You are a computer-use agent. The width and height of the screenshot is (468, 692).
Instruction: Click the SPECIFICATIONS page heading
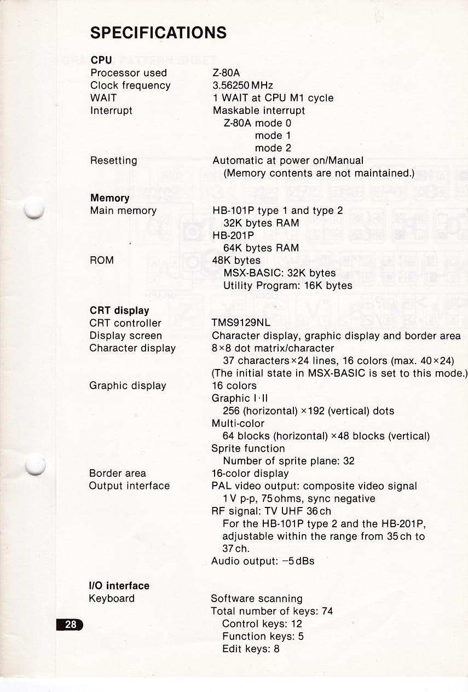coord(158,33)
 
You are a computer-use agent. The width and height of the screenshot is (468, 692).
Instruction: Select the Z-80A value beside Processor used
coord(226,73)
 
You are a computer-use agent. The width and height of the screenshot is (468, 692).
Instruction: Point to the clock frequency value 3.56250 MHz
coord(242,85)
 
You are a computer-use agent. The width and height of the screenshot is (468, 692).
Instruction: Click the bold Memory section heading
coord(109,198)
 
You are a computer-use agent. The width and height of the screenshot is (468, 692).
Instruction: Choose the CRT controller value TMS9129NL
coord(241,323)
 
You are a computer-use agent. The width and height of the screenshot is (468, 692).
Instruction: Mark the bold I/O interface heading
coord(119,586)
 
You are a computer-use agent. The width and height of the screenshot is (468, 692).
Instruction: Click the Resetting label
coord(113,161)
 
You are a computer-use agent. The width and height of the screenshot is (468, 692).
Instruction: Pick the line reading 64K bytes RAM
coord(261,248)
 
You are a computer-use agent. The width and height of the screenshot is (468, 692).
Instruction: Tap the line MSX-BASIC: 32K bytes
coord(280,273)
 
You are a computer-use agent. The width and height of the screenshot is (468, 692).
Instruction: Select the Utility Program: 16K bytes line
coord(287,286)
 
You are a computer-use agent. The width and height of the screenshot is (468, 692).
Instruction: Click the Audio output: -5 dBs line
coord(263,561)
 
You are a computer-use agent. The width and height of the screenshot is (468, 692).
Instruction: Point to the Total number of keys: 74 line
coord(271,611)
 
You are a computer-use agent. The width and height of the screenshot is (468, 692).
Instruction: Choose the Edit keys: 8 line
coord(251,649)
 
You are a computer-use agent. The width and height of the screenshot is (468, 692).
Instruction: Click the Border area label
coord(117,474)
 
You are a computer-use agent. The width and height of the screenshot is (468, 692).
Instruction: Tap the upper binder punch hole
coord(34,207)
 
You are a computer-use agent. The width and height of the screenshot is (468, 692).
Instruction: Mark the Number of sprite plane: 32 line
coord(288,461)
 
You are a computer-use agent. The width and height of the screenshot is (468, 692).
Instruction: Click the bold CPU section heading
coord(101,60)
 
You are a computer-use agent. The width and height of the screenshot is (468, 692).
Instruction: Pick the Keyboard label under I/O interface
coord(112,598)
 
